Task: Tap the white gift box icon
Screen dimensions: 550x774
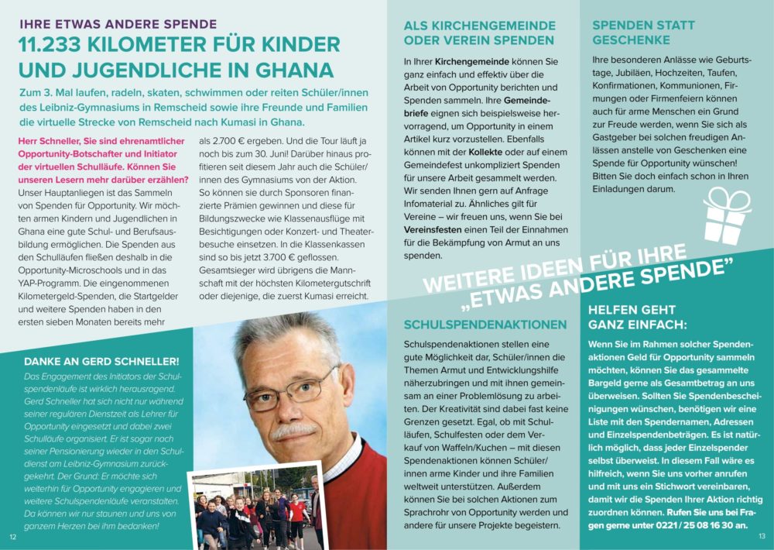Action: point(725,218)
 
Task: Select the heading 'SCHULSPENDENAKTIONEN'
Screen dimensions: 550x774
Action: point(485,324)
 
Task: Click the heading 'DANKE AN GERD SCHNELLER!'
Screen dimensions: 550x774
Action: point(101,361)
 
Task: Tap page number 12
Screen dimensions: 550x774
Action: point(12,536)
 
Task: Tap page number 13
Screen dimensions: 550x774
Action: point(762,536)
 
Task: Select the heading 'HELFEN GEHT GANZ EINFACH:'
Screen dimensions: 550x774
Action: point(637,317)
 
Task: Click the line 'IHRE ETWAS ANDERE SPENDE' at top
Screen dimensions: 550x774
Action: point(118,24)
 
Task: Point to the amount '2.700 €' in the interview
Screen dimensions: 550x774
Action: point(221,141)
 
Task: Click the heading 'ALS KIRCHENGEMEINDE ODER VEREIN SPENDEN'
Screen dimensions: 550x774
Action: point(478,33)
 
